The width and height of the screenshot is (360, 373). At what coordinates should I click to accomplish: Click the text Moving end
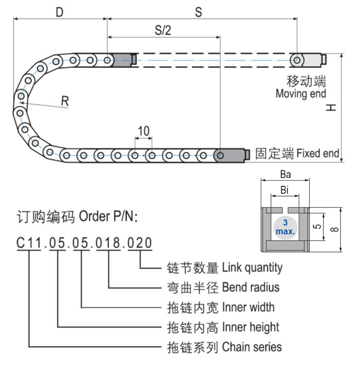pyautogui.click(x=300, y=94)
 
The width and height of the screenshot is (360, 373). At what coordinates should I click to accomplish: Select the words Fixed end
pyautogui.click(x=318, y=153)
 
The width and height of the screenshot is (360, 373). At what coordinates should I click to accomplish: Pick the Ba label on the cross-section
pyautogui.click(x=285, y=174)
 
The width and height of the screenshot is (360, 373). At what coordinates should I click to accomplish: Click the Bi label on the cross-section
pyautogui.click(x=285, y=190)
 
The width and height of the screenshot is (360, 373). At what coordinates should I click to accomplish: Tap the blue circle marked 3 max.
pyautogui.click(x=285, y=227)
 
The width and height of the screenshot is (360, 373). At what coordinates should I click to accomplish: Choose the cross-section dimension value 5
pyautogui.click(x=317, y=227)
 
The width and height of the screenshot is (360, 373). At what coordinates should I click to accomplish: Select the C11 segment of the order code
pyautogui.click(x=29, y=242)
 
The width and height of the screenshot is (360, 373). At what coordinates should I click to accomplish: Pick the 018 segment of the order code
pyautogui.click(x=108, y=242)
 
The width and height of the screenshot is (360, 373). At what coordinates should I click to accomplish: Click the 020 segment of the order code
pyautogui.click(x=140, y=242)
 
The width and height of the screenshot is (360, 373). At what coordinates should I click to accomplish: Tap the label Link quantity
pyautogui.click(x=252, y=268)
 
